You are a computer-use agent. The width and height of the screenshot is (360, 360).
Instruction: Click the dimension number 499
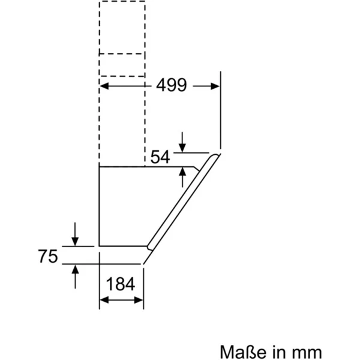[172, 86]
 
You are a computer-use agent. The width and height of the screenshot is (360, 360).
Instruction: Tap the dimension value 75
[47, 257]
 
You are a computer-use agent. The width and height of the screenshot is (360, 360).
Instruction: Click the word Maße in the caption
[242, 351]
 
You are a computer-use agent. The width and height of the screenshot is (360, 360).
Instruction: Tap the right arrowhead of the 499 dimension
[216, 86]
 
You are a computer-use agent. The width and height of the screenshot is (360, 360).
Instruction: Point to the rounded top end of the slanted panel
[215, 157]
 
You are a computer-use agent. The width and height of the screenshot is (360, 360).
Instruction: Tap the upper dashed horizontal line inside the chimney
[122, 54]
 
